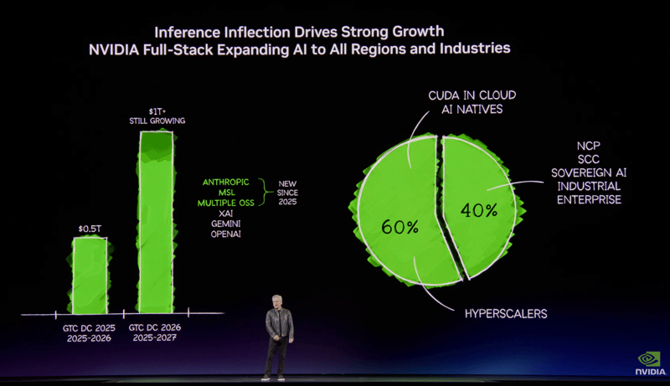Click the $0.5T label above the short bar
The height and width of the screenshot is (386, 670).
(90, 228)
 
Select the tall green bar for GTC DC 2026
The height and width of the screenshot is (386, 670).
(157, 222)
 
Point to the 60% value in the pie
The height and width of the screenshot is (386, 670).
(399, 226)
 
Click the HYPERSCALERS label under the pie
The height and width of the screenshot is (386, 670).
(506, 313)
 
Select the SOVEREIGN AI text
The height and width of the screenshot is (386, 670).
(589, 172)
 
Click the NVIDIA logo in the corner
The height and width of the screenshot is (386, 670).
(650, 363)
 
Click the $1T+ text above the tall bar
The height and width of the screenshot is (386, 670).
(157, 111)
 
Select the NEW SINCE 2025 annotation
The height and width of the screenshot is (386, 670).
(287, 192)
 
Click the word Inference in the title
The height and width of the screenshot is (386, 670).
(189, 32)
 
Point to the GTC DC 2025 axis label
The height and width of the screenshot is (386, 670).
(90, 327)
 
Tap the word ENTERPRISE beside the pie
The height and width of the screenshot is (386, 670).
(589, 199)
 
